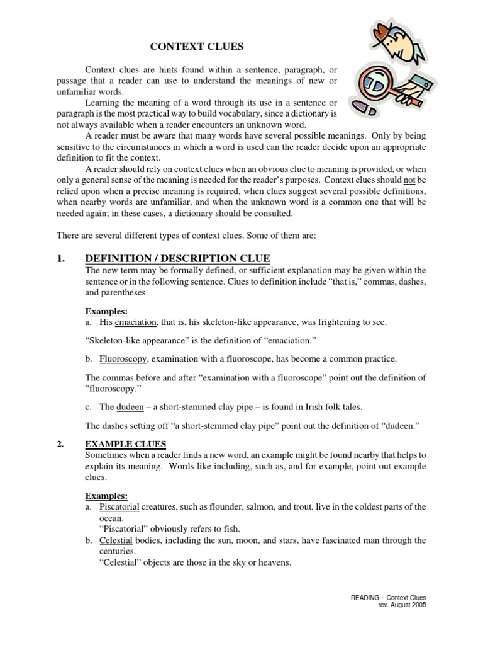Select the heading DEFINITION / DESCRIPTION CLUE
click(177, 258)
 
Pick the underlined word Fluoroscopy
click(123, 358)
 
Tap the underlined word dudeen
click(130, 407)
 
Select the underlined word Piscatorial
click(119, 506)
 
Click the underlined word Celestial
click(116, 540)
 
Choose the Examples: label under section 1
click(106, 311)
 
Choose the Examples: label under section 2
click(106, 496)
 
